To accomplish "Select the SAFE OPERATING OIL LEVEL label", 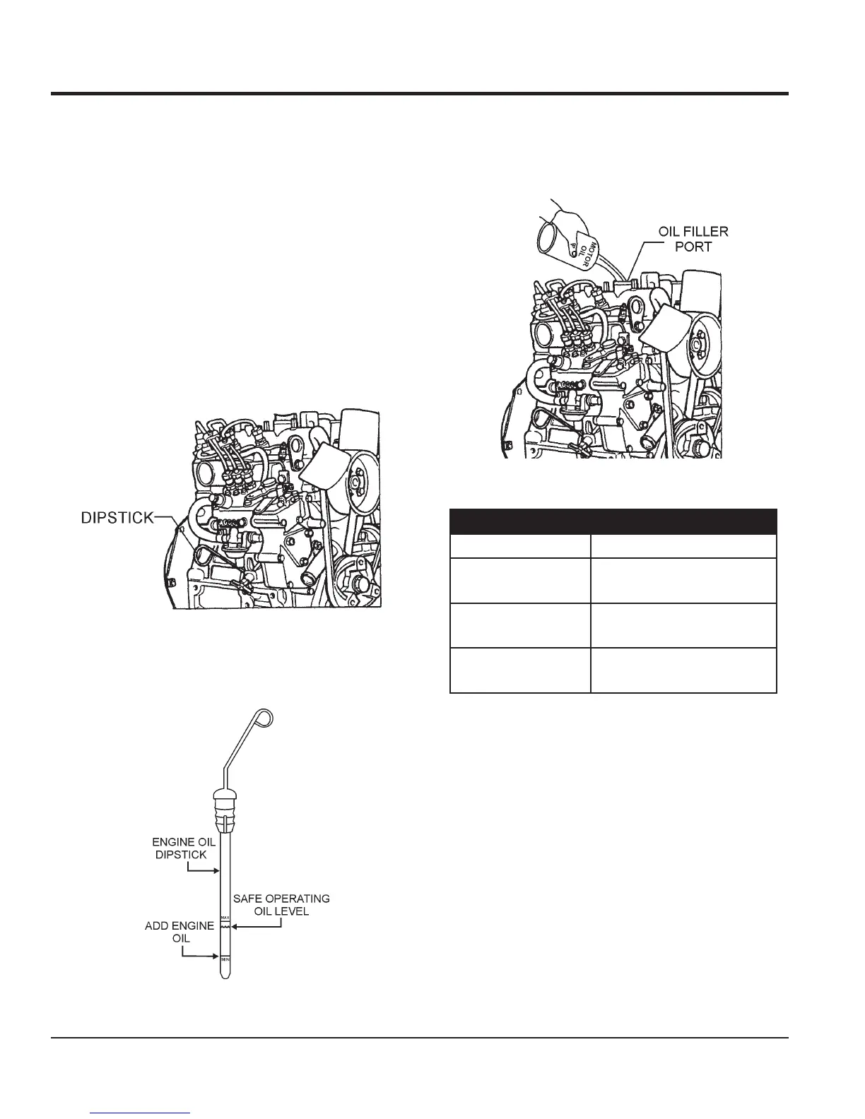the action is (281, 905).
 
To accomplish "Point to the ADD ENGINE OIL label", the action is (179, 932).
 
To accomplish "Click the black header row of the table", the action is (613, 521).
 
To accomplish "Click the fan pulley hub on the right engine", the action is (695, 345).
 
